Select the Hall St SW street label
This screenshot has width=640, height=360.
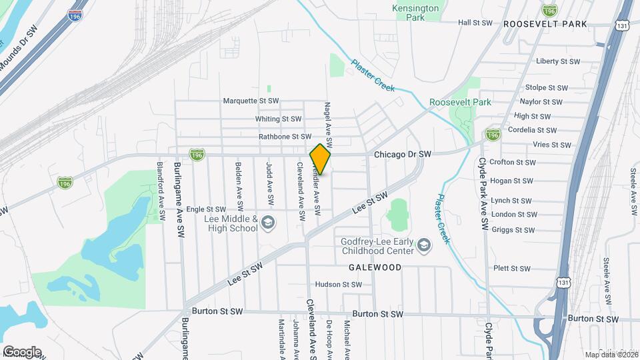(x=475, y=23)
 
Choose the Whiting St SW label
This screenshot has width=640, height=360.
(x=279, y=119)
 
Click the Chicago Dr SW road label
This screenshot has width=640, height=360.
(x=403, y=154)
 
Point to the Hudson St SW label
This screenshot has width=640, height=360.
(x=338, y=284)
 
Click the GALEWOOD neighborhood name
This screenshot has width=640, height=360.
(x=375, y=267)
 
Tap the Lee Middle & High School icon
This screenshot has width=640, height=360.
(x=268, y=223)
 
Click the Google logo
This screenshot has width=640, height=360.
(x=21, y=351)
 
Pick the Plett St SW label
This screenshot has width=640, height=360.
(x=511, y=269)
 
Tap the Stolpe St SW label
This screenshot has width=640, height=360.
(x=546, y=87)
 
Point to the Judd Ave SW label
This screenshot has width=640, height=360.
(x=269, y=184)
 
